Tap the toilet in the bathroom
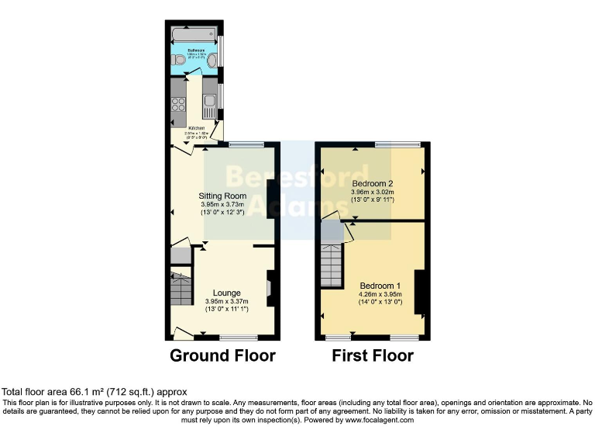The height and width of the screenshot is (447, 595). [180, 59]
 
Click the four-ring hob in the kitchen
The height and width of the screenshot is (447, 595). [179, 106]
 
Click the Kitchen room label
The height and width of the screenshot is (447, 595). [196, 127]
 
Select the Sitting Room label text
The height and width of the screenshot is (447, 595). [223, 196]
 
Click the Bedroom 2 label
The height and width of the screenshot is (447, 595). [373, 183]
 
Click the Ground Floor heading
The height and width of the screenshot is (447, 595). [223, 356]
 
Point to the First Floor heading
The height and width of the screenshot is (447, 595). [373, 356]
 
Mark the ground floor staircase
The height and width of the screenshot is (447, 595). [181, 289]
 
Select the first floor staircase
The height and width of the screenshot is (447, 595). [332, 265]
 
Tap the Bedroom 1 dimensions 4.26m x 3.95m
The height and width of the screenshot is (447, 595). [379, 294]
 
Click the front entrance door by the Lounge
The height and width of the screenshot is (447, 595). [183, 334]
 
